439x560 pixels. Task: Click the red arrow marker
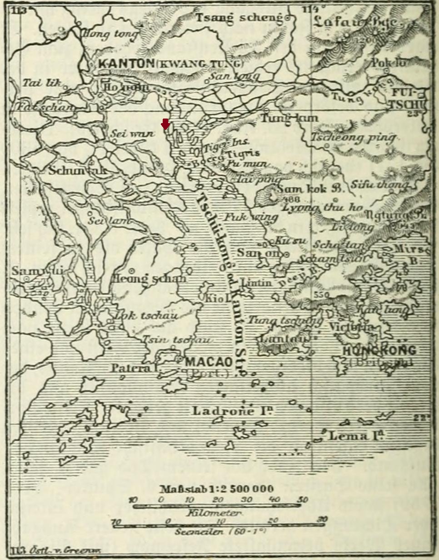pos(165,123)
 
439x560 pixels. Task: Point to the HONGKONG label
pos(385,350)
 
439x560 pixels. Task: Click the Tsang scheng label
pos(239,18)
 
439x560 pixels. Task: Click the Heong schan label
pos(149,278)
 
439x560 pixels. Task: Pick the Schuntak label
pos(77,171)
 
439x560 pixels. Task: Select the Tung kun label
pos(289,118)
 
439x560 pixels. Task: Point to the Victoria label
pos(352,327)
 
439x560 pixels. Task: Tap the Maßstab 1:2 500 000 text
pos(216,489)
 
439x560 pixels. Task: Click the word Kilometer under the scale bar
pos(214,512)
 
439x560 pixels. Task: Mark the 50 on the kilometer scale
pos(302,500)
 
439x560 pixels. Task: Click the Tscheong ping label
pos(353,137)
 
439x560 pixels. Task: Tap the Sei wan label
pos(126,133)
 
